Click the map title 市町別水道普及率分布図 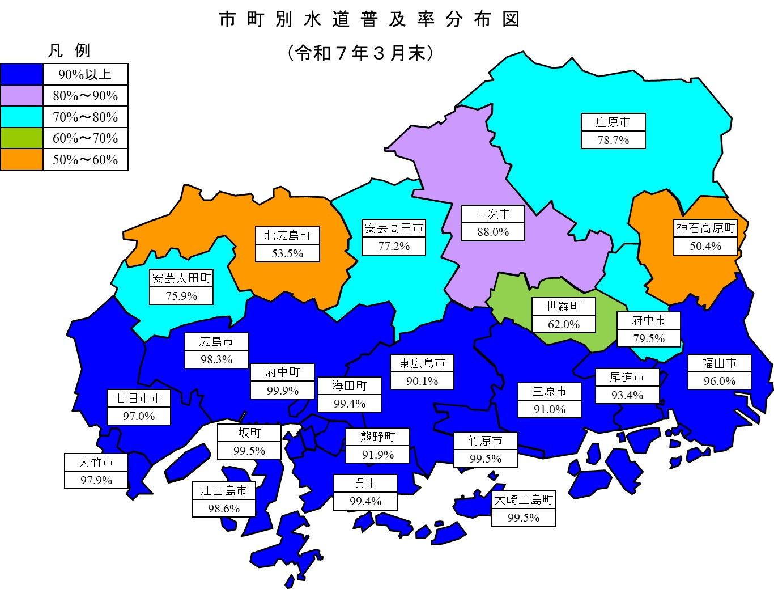pos(369,20)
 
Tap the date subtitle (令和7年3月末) pos(361,53)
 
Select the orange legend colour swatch pos(22,159)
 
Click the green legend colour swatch pos(22,138)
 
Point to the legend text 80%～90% pos(86,95)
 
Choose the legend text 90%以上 pos(85,74)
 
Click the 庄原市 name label pos(613,122)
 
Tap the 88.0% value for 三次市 pos(493,232)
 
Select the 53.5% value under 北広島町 pos(287,253)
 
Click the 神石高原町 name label pos(705,228)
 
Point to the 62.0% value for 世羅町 pos(564,324)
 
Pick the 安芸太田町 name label pos(181,278)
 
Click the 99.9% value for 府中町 pos(282,391)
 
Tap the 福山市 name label pos(719,363)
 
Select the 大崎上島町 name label pos(524,499)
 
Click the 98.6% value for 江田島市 pos(224,509)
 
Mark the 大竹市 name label pos(96,462)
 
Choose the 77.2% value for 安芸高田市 pos(394,246)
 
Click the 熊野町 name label pos(377,437)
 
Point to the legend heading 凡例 pos(69,50)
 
